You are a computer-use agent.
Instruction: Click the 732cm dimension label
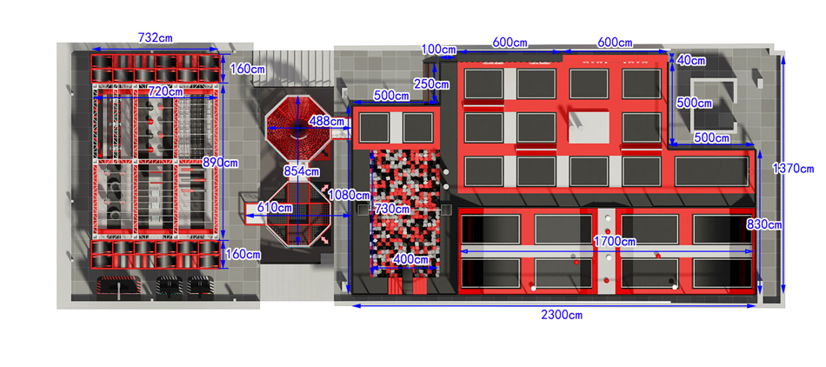[156, 37]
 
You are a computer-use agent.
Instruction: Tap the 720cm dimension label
[165, 91]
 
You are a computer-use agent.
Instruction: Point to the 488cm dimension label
[327, 121]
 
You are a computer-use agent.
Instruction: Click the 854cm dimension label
[301, 171]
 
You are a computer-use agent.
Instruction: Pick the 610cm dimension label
[275, 208]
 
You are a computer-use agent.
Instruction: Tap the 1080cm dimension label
[350, 196]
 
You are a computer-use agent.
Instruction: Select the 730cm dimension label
[391, 209]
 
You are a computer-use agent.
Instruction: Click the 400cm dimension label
[410, 259]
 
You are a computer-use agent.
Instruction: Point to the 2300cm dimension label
[562, 315]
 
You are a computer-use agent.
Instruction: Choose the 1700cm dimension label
[614, 242]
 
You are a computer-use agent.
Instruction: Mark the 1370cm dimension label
[793, 169]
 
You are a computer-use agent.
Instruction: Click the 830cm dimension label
[764, 225]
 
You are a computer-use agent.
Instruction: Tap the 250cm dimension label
[432, 83]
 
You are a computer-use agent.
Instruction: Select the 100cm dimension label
[439, 50]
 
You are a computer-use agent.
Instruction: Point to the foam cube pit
[406, 213]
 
